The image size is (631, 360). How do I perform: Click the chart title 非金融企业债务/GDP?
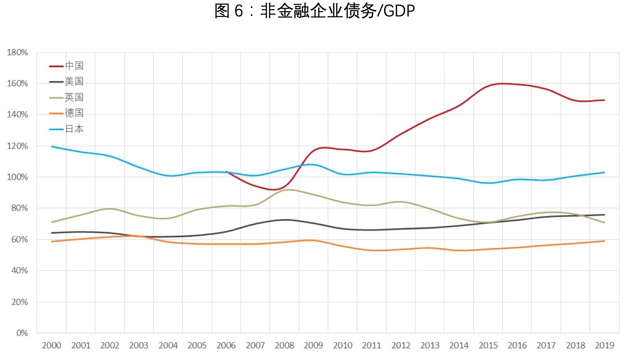(x=315, y=11)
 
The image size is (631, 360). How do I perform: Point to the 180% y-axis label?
(x=18, y=52)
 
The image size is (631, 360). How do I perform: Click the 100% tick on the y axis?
(x=18, y=177)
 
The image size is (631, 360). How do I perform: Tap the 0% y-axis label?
(x=22, y=333)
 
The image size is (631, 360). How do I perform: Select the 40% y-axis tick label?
(x=20, y=271)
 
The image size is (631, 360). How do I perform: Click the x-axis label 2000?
(x=52, y=345)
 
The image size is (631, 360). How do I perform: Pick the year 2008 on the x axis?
(x=284, y=345)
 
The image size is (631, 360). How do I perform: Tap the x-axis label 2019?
(x=604, y=345)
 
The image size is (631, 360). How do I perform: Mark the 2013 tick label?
(x=430, y=345)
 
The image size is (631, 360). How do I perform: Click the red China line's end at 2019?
(x=604, y=100)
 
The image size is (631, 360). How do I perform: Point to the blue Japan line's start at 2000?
(x=52, y=147)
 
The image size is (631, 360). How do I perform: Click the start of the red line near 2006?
(x=226, y=172)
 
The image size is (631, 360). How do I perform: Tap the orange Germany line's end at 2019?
(x=604, y=241)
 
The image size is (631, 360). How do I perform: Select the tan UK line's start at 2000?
(x=52, y=222)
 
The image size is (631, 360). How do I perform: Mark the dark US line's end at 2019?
(x=604, y=215)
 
